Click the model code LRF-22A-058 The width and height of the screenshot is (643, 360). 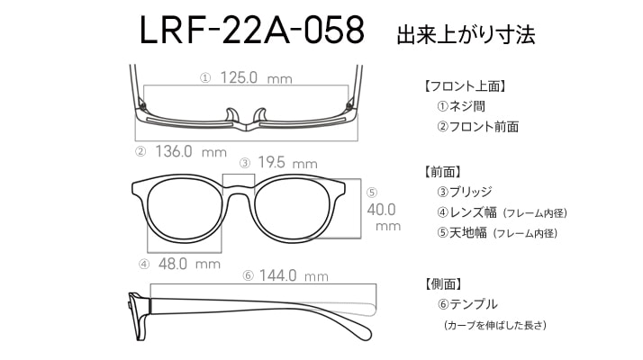coord(252,30)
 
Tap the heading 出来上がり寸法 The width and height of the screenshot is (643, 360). coord(466,34)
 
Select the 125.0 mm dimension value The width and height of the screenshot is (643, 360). coord(257,77)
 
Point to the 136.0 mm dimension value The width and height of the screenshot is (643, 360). coord(191,152)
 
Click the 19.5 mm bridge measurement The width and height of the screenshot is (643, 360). coord(287,163)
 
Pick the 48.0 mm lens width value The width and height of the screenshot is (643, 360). coord(189,264)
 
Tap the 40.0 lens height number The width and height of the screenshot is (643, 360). coord(381,210)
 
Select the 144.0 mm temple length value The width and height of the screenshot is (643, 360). coord(294,275)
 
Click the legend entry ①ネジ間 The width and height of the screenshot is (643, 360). coord(461,106)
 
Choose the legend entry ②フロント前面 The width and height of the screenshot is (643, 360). coord(477,126)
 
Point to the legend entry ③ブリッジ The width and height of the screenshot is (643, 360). coord(464,192)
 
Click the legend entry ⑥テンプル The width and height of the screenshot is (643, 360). coord(467,304)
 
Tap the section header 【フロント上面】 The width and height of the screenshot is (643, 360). coord(465,86)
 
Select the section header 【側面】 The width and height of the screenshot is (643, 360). coord(444,283)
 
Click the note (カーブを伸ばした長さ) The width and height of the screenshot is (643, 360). coord(495,325)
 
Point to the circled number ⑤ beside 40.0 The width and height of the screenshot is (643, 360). coord(372,193)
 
